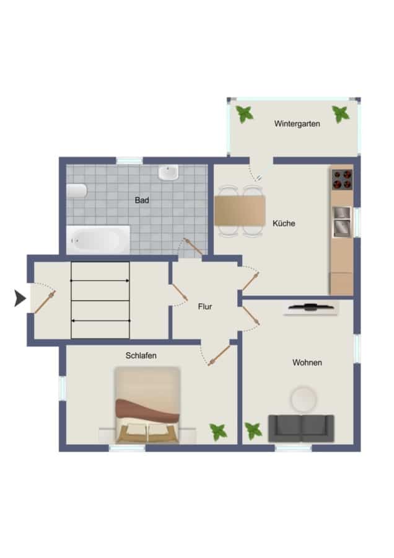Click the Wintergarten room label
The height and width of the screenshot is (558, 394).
coord(297,124)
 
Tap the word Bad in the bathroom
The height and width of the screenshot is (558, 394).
coord(141,200)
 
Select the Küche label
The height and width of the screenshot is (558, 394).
coord(284,223)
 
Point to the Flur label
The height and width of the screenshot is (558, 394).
coord(205,306)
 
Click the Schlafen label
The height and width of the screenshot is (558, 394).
coord(141,355)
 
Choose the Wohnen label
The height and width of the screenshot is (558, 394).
coord(307,363)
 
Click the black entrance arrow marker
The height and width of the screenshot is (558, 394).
coord(20,298)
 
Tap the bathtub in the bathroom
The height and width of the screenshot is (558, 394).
coord(98,239)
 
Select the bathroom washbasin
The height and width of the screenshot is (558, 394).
coord(169,172)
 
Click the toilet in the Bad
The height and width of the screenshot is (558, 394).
coord(77,191)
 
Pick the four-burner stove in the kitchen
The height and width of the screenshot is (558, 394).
coord(342,179)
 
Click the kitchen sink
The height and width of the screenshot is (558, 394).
coord(342,223)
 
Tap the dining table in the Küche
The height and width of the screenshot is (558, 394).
coord(240,211)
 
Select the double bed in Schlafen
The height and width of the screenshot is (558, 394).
coord(147,405)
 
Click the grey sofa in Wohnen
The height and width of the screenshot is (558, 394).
coord(301,428)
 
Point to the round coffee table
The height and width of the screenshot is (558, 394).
coord(304,399)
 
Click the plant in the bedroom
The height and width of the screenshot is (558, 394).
coord(218,432)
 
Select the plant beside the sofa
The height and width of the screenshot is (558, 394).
coord(253,431)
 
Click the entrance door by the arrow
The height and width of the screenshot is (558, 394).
coord(45,302)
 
